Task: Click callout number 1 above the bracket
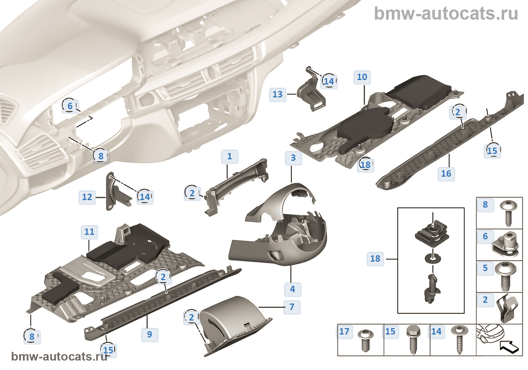click(x=229, y=156)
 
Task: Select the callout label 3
click(x=293, y=158)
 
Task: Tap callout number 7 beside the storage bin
click(x=292, y=307)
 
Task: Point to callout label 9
click(x=150, y=334)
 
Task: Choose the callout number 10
click(x=362, y=77)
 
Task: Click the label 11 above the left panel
click(x=89, y=232)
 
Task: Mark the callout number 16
click(x=446, y=174)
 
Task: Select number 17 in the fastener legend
click(x=344, y=331)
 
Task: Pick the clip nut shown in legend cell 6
click(x=507, y=244)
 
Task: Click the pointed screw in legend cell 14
click(x=459, y=339)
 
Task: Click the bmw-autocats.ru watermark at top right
click(x=446, y=14)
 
